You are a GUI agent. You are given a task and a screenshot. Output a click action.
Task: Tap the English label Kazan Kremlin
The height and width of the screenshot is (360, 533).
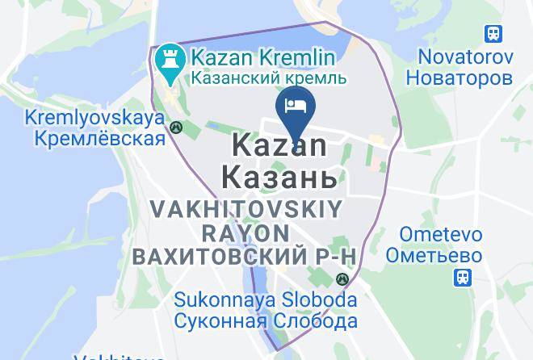pos(263,57)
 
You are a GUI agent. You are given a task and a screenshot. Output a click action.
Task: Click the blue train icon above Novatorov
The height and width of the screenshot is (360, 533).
pos(493,33)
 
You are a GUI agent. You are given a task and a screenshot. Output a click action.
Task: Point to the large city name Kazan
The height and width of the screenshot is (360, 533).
pos(279,146)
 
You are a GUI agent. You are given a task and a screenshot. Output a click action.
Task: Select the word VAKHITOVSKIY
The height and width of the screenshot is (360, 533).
pos(247,209)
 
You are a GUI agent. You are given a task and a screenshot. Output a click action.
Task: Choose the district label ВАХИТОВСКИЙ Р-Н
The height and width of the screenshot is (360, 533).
pos(247,256)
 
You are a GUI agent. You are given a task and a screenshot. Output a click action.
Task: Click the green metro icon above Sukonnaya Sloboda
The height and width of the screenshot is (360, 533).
pos(343,278)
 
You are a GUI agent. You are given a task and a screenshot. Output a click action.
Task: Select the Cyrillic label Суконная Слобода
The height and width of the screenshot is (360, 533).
pos(266,321)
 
